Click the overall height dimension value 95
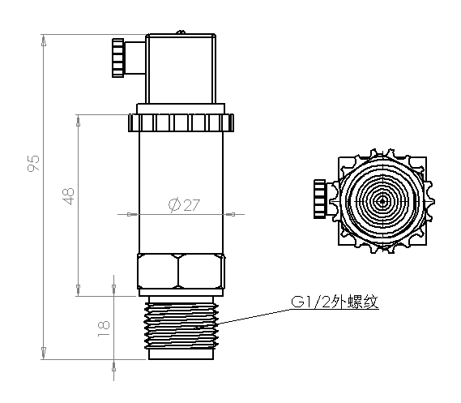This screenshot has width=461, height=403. pyautogui.click(x=34, y=164)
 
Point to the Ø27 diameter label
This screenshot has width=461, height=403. pyautogui.click(x=184, y=205)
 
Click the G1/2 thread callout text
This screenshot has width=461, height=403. pyautogui.click(x=335, y=303)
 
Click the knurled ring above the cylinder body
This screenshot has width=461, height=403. pyautogui.click(x=181, y=123)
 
